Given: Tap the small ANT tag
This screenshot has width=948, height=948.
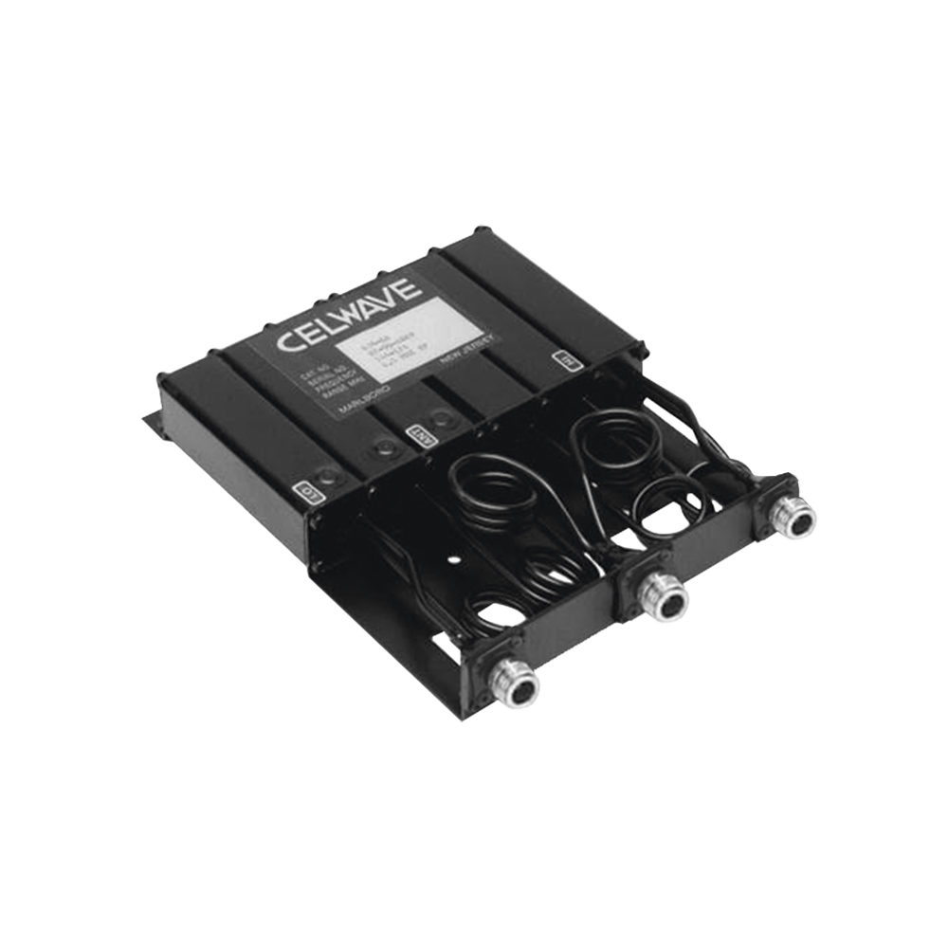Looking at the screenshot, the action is click(x=414, y=433).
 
